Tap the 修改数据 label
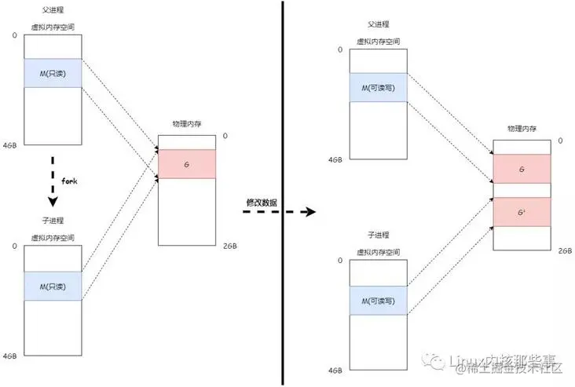pos(262,202)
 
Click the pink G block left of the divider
pos(186,164)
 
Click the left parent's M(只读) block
pos(53,73)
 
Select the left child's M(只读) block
pos(53,287)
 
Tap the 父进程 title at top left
pos(53,10)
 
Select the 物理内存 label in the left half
pos(186,124)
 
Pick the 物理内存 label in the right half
pos(522,127)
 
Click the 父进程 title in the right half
pos(379,24)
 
